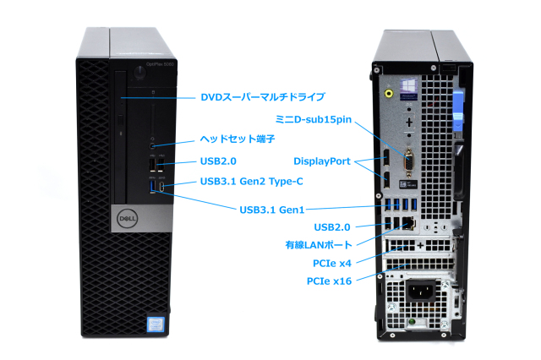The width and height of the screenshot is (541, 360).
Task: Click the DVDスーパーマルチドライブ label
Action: click(x=263, y=97)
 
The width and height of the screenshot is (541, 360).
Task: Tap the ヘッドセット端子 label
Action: click(x=238, y=139)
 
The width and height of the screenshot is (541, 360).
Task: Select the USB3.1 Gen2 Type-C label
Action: click(x=252, y=182)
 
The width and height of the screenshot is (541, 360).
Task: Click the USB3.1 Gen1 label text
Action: click(x=272, y=210)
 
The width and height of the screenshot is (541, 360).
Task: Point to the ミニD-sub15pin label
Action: click(x=314, y=120)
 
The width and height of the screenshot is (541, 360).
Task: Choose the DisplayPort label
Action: click(x=321, y=161)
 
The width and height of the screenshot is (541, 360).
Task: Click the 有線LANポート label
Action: click(x=319, y=245)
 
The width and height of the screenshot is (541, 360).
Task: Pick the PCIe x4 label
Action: click(x=332, y=264)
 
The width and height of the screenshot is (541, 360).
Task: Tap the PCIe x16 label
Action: click(x=329, y=281)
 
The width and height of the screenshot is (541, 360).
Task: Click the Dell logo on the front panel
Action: click(x=127, y=219)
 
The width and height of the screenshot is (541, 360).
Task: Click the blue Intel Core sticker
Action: click(x=156, y=324)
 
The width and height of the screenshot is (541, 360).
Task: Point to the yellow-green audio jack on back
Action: click(x=389, y=93)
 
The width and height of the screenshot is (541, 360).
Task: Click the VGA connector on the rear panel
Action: click(x=409, y=162)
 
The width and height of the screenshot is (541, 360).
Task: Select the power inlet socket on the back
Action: click(x=421, y=292)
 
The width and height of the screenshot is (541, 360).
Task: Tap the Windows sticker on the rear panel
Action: click(x=409, y=89)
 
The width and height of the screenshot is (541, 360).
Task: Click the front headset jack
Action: click(x=153, y=146)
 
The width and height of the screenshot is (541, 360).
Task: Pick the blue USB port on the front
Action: click(x=153, y=186)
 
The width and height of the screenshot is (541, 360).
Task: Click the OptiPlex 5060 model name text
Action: click(x=160, y=64)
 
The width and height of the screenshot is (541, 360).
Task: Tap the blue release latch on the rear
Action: click(x=457, y=111)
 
